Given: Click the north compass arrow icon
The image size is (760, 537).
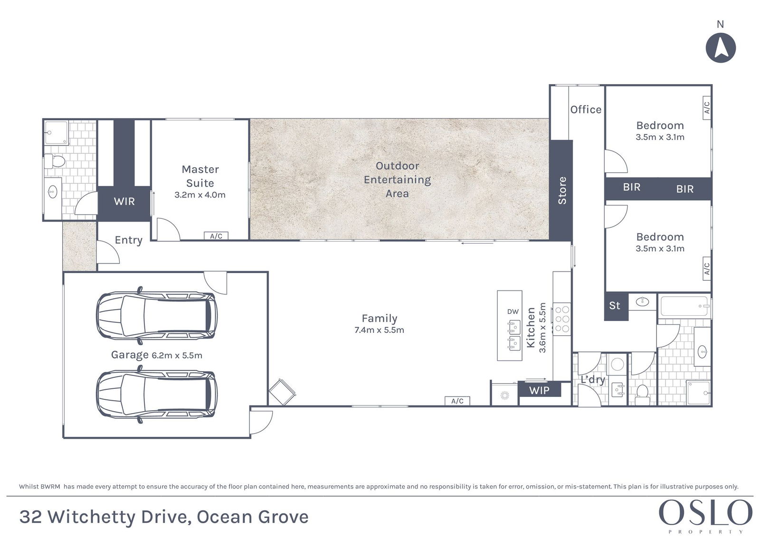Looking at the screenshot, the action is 721,48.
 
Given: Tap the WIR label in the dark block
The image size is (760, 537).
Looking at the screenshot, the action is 124,201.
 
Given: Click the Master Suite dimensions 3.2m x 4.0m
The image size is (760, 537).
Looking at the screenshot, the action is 200,195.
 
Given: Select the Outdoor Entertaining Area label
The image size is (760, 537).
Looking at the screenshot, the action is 397,179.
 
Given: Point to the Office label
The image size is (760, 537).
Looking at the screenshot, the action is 586,110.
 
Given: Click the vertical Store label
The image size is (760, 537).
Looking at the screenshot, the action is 562,190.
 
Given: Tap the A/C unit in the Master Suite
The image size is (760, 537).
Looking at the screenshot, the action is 216,236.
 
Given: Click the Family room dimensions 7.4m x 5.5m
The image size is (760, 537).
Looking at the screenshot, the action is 380,330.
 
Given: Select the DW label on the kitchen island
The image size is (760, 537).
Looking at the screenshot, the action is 513,311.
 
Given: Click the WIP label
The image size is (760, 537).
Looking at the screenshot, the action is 539,390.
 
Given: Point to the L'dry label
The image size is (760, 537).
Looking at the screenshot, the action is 593,379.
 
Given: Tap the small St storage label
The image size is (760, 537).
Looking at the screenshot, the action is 615,306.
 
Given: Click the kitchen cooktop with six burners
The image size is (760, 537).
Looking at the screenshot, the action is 562,319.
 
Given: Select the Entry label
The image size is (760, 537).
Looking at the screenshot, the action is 129,240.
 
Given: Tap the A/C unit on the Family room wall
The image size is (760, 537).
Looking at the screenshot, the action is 457,401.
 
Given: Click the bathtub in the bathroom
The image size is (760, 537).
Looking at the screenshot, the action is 684,306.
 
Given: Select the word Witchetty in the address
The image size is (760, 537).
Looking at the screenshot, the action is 91,517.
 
